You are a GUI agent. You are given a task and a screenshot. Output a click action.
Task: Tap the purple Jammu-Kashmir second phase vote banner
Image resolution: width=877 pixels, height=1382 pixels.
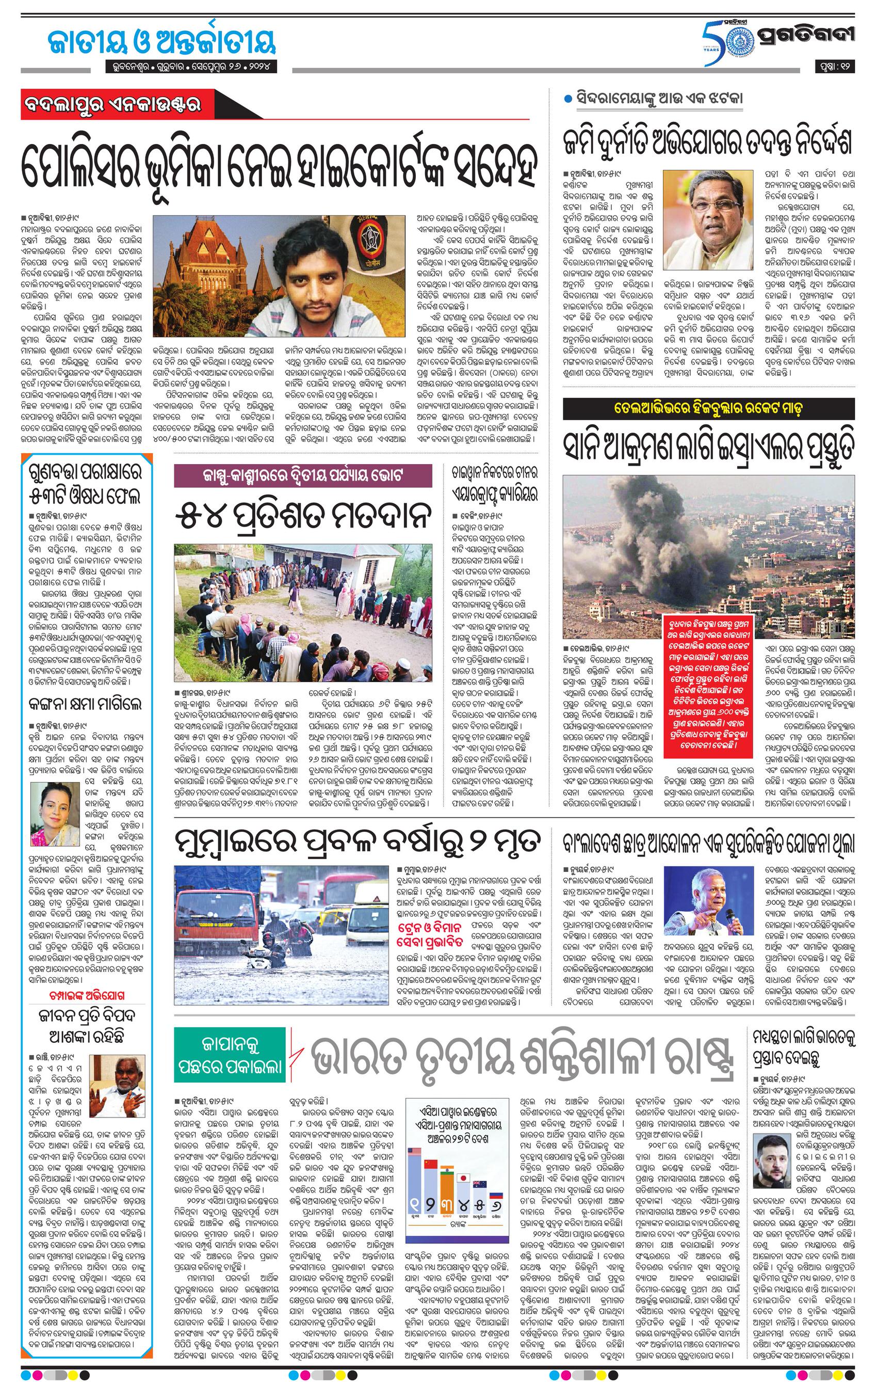pos(303,476)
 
